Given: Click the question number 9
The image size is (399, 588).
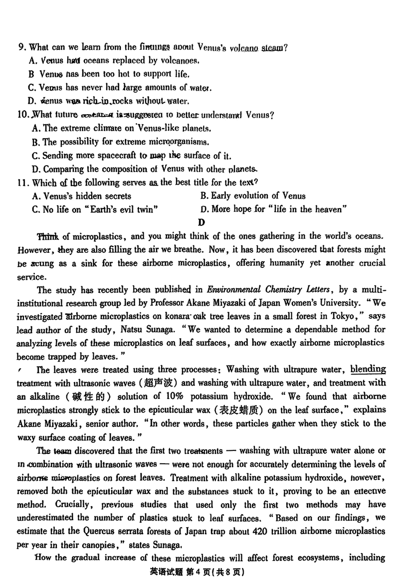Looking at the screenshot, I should click(x=21, y=48).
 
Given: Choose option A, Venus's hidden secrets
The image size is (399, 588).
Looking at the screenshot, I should click(x=81, y=196).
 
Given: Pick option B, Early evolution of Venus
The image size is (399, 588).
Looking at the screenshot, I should click(x=253, y=196).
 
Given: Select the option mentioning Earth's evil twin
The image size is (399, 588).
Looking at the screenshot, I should click(x=96, y=209).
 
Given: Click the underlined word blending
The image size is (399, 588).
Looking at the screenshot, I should click(x=368, y=370).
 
